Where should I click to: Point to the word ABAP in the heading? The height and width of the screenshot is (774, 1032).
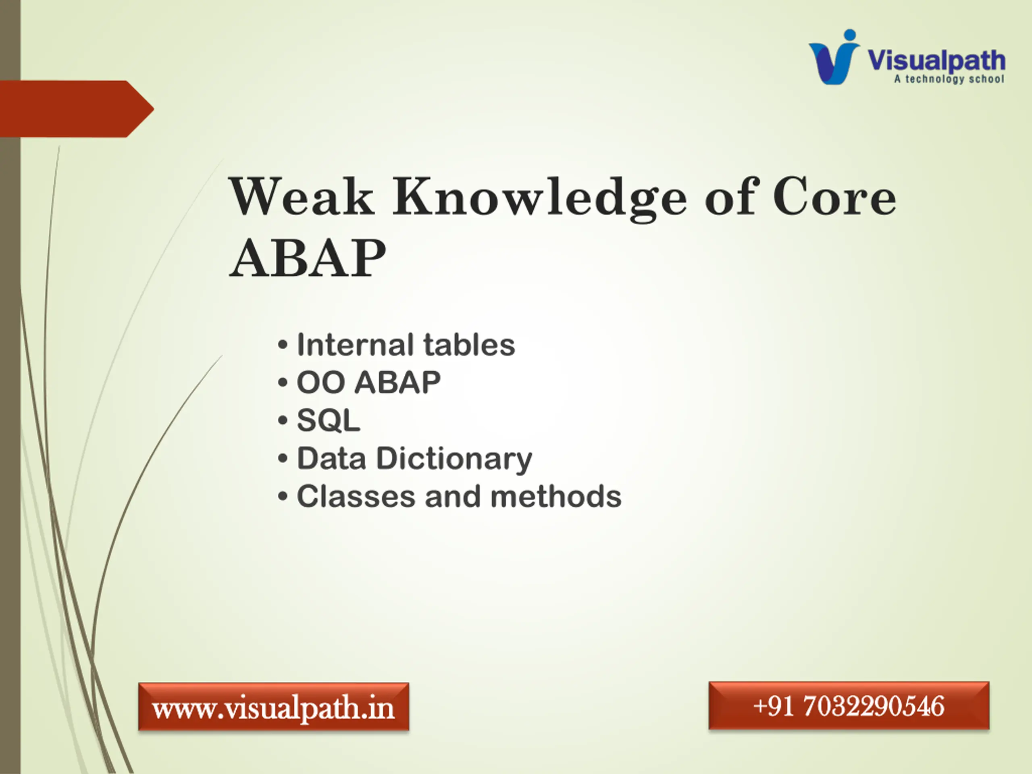click(308, 258)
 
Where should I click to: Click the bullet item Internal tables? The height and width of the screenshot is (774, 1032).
click(406, 345)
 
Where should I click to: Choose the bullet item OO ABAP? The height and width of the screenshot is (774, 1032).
click(368, 383)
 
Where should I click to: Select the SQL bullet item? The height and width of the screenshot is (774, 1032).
click(329, 420)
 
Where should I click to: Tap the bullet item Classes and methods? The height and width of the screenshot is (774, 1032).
click(459, 496)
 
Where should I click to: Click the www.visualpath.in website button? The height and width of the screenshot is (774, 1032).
click(273, 706)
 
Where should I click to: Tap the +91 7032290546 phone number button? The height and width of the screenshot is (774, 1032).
click(849, 705)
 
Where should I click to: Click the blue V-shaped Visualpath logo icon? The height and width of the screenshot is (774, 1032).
click(834, 57)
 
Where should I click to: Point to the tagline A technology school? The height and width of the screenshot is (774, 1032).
click(949, 79)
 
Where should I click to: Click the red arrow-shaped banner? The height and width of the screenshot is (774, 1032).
click(77, 109)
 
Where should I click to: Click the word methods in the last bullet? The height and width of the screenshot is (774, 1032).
click(556, 496)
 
